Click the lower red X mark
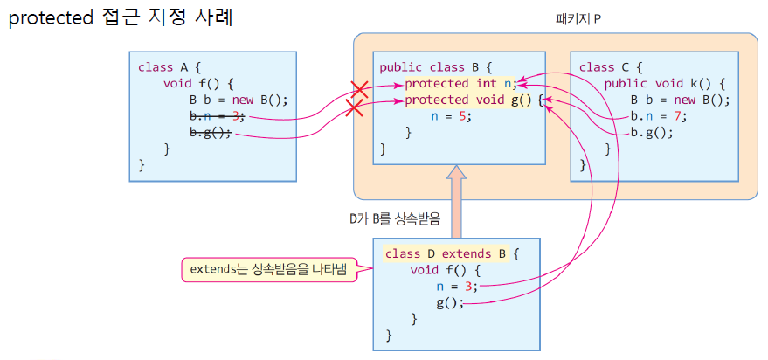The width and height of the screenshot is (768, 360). (x=354, y=107)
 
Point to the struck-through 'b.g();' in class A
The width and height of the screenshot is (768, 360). (x=211, y=133)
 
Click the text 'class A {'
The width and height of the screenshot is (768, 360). (x=169, y=67)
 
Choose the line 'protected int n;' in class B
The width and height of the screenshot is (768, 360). (x=460, y=84)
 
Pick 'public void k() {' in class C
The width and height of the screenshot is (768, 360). (x=665, y=84)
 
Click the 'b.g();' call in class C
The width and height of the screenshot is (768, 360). (x=652, y=134)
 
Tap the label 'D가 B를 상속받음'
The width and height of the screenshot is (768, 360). (x=393, y=218)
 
